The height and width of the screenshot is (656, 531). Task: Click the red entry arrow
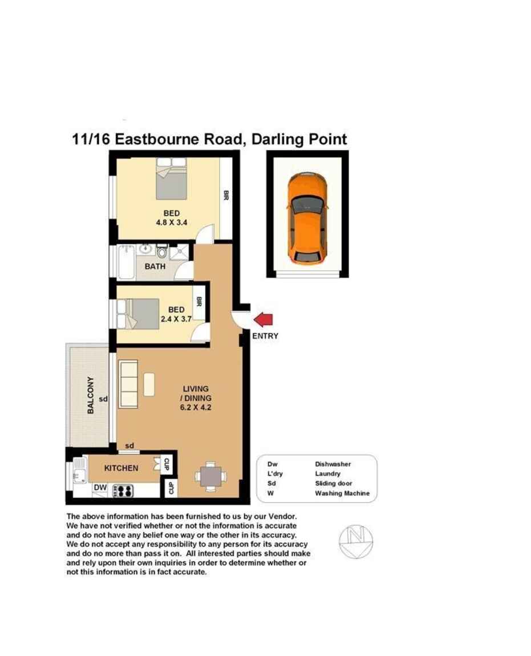[264, 319]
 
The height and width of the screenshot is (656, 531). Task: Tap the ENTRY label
[265, 336]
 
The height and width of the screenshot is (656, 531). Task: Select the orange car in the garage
[307, 218]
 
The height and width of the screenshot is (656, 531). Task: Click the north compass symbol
[356, 541]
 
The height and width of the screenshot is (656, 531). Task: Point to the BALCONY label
[90, 395]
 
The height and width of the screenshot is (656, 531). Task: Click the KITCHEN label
[121, 468]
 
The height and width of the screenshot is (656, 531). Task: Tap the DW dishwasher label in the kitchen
[100, 487]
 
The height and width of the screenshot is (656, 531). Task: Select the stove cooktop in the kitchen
[123, 491]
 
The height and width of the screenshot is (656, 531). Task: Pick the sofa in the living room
[128, 384]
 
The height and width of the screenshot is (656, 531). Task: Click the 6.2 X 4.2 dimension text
[196, 407]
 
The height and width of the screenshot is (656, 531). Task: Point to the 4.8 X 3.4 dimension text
[172, 222]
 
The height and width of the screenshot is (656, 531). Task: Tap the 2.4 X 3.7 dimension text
[176, 319]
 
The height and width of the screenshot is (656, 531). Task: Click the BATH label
[155, 266]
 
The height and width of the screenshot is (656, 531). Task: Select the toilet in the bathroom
[162, 252]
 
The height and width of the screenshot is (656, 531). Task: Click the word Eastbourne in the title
[179, 139]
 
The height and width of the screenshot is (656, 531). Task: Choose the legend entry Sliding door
[334, 483]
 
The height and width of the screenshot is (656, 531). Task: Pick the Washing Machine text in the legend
[342, 493]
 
